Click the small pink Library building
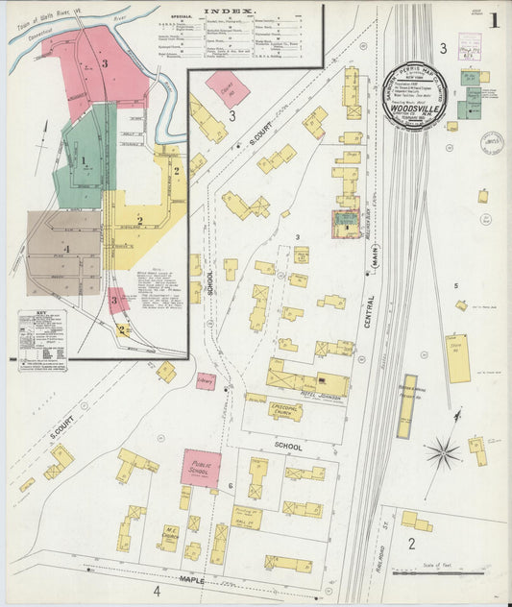[207, 381]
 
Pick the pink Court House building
[227, 88]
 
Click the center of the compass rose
[444, 449]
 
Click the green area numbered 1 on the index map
[85, 160]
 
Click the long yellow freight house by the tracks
[406, 405]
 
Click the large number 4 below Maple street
[157, 593]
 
